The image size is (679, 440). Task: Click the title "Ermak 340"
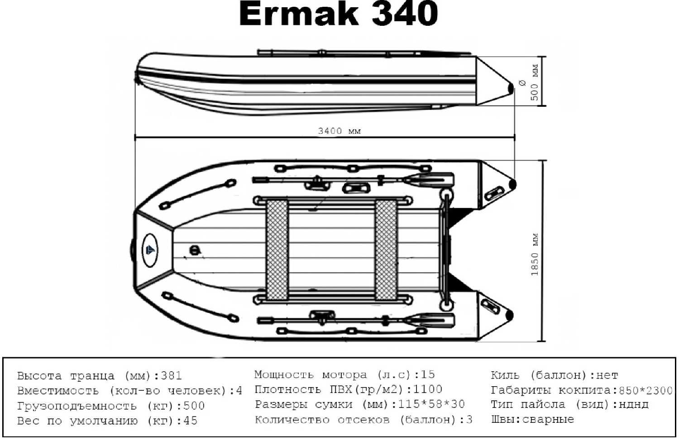pos(338,14)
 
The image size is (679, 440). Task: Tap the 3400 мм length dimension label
pos(339,131)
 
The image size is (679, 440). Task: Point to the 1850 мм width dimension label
pos(535,255)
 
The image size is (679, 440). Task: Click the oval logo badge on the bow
pos(150,250)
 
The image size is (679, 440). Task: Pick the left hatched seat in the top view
pos(277,250)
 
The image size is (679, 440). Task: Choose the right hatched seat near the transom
pos(386,250)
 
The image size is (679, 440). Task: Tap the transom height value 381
pos(171,376)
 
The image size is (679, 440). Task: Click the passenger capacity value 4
pos(239,391)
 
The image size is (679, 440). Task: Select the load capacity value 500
pos(194,406)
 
